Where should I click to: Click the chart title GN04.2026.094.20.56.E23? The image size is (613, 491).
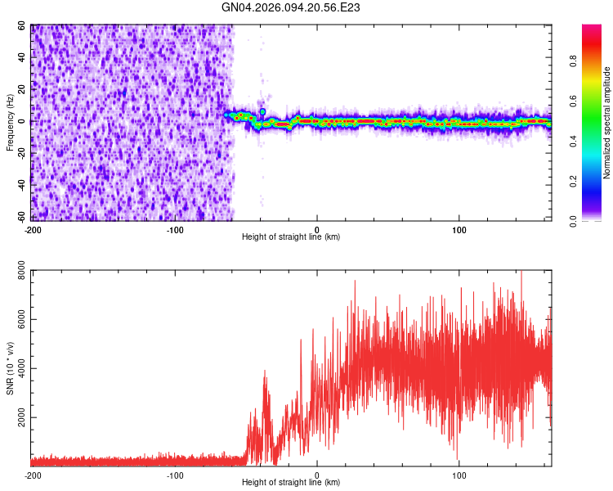(x=291, y=8)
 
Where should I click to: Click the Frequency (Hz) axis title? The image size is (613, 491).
(x=10, y=123)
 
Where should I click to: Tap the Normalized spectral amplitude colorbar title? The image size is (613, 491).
(x=606, y=123)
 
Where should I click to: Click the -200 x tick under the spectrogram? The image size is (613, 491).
(x=33, y=228)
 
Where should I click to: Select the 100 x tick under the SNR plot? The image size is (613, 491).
(x=459, y=474)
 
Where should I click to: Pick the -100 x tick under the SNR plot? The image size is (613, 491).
(x=175, y=474)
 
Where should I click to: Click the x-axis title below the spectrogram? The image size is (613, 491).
(x=291, y=236)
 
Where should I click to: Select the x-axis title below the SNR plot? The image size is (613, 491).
(x=291, y=482)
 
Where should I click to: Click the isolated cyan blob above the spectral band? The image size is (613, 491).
(x=262, y=112)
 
